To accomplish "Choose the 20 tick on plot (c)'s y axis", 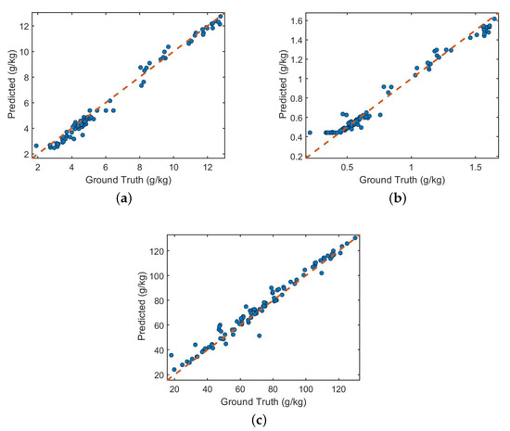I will [x=162, y=374].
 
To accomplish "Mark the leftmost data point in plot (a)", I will [x=36, y=146].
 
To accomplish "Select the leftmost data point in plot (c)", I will [x=171, y=354].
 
